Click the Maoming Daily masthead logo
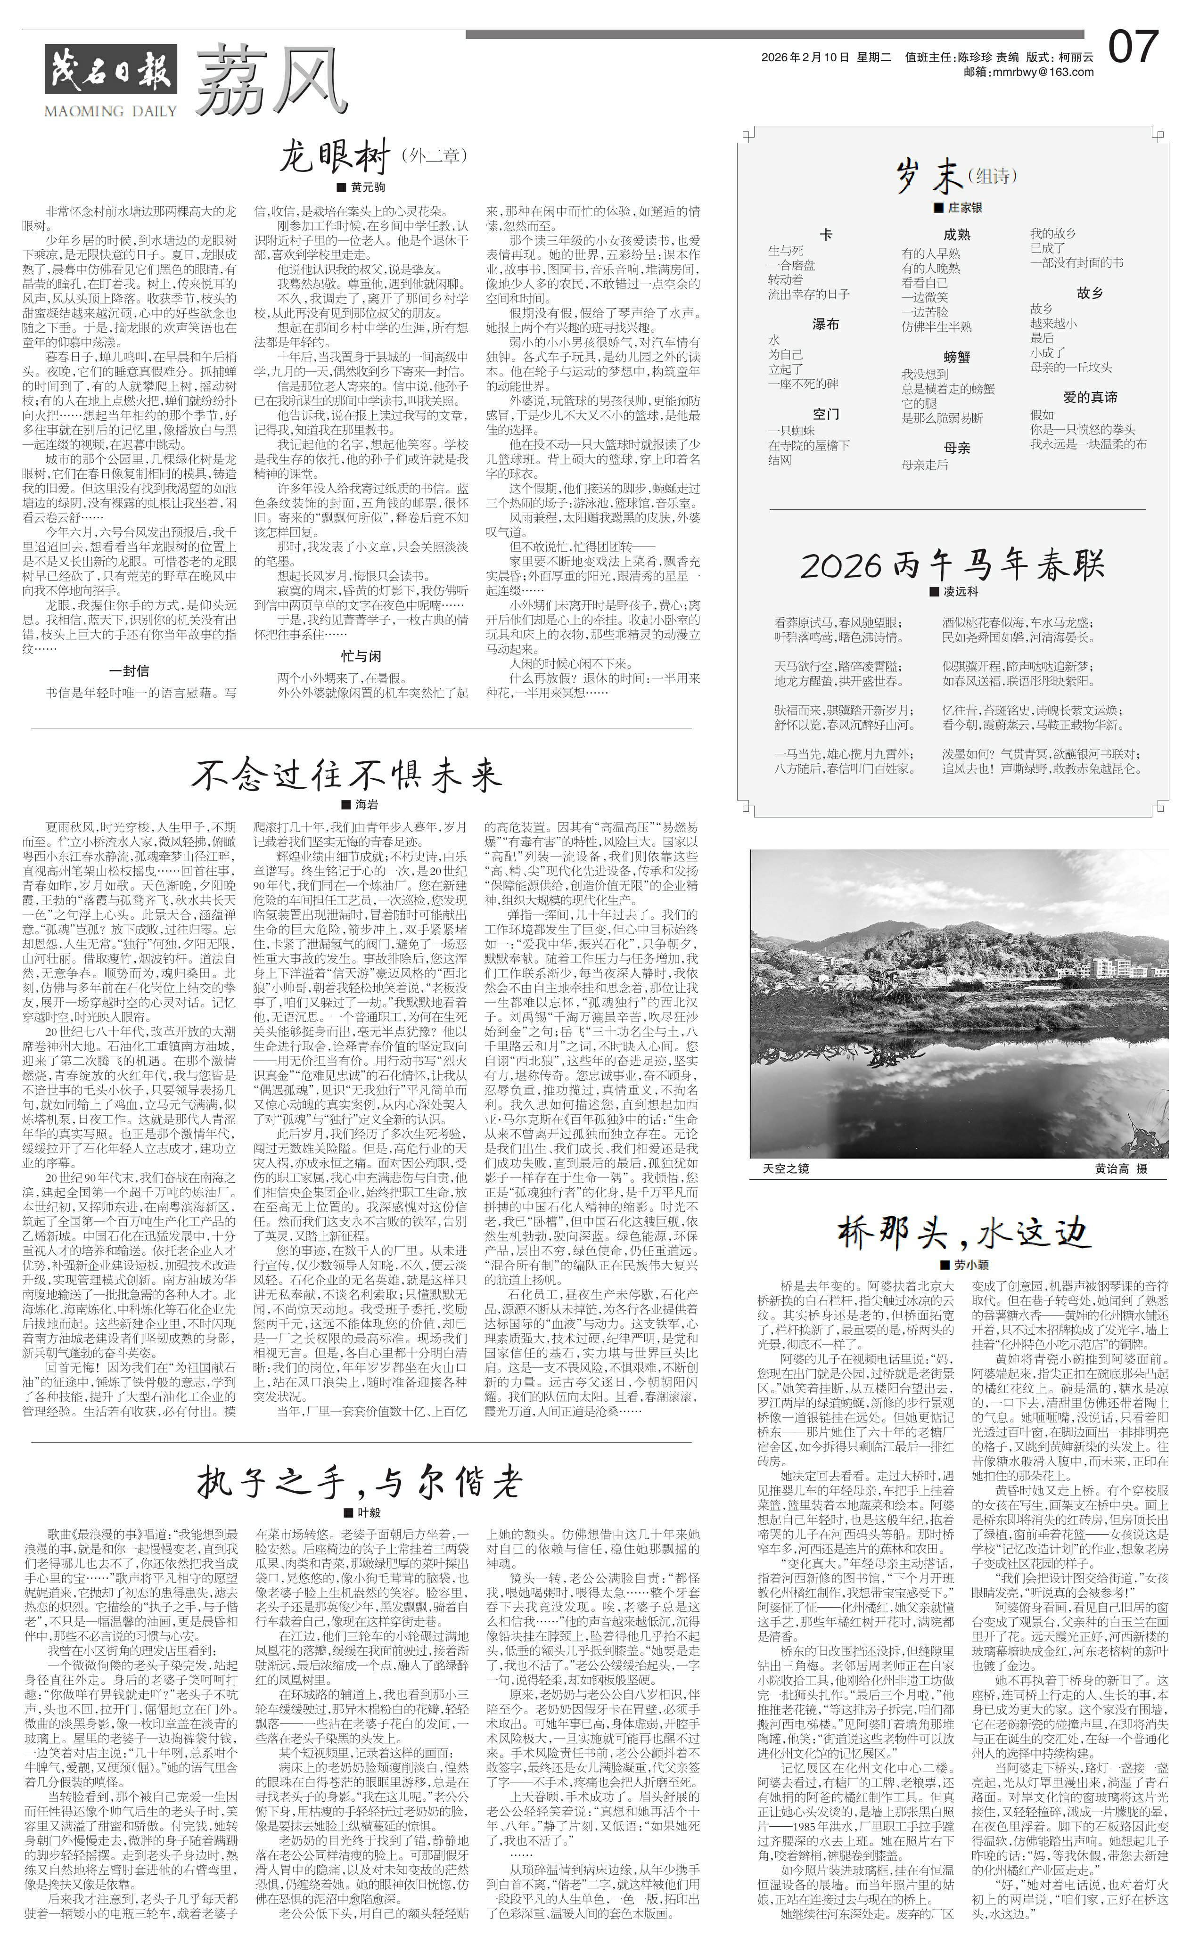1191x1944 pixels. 110,79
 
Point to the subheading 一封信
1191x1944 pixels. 130,670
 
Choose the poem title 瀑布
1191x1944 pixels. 826,324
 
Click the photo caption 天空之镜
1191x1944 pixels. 786,1168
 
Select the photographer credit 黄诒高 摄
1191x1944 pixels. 1120,1168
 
